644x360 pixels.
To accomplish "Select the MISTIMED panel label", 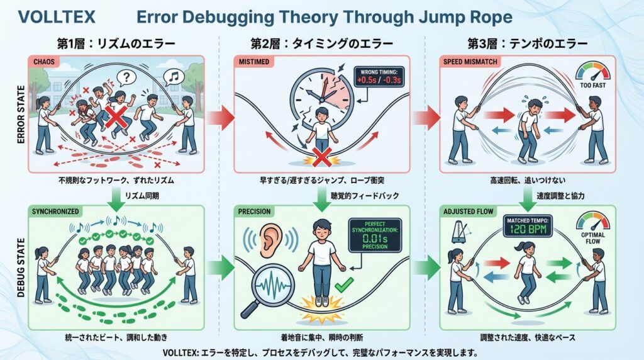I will click(x=253, y=62).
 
